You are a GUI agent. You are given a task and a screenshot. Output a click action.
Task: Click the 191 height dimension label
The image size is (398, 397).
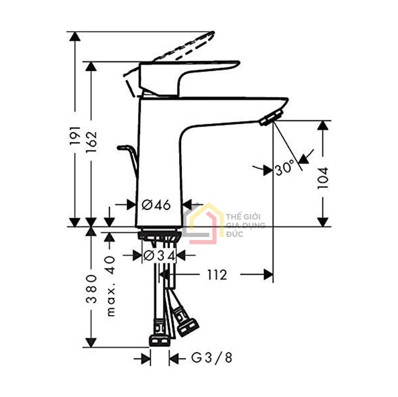point(75,135)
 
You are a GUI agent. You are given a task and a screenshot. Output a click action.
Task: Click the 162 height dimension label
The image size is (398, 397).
point(91,141)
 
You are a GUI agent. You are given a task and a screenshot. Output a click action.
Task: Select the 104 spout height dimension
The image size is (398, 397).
point(323,177)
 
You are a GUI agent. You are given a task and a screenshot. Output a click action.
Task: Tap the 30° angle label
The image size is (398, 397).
point(285,169)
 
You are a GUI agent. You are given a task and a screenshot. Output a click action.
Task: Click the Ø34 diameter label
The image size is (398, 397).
point(159,255)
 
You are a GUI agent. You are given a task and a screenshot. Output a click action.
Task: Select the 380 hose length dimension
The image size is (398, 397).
point(91,288)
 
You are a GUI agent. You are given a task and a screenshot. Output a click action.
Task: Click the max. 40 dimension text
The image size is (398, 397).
point(110,285)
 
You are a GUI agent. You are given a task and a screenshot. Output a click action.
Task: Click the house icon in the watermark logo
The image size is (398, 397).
point(203,224)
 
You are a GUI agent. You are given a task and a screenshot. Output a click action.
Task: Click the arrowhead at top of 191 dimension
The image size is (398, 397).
point(75,36)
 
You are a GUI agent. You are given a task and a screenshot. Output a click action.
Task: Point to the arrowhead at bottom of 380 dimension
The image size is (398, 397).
point(91,342)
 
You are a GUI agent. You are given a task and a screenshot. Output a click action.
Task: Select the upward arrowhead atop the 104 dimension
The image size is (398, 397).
point(323,125)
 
